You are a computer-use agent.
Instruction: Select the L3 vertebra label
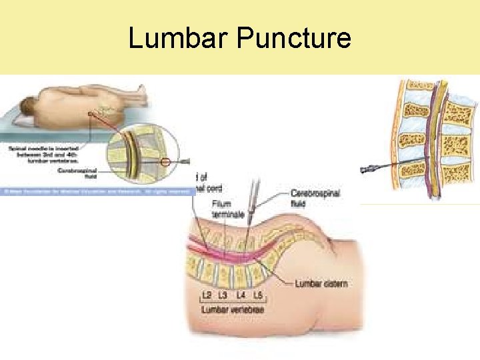pyautogui.click(x=225, y=294)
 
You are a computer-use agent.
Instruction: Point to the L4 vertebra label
pyautogui.click(x=241, y=294)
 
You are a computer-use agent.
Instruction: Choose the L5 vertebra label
pyautogui.click(x=258, y=294)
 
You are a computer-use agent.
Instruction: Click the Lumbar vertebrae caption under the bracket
pyautogui.click(x=233, y=310)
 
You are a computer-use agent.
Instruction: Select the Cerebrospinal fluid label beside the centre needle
pyautogui.click(x=315, y=197)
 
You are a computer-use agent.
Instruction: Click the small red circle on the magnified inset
pyautogui.click(x=166, y=161)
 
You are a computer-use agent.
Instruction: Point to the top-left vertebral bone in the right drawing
pyautogui.click(x=420, y=85)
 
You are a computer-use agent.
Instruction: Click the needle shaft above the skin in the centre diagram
pyautogui.click(x=253, y=200)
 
